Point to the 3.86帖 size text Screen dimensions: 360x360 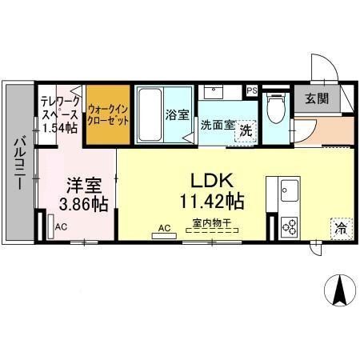tap(83, 204)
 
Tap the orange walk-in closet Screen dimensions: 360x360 tap(108, 113)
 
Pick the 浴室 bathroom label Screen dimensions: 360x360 tap(178, 114)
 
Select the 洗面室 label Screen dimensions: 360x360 tap(216, 125)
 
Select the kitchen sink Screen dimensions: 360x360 tap(288, 191)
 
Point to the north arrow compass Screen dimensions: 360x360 tap(338, 289)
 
